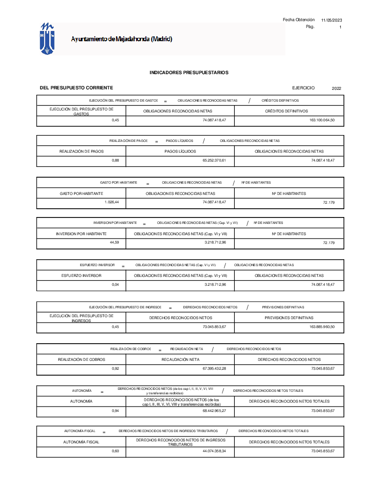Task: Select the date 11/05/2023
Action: tap(332, 20)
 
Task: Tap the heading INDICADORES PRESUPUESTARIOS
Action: tap(189, 73)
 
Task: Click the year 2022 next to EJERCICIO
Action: tap(336, 88)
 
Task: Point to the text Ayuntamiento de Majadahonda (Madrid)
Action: tap(121, 39)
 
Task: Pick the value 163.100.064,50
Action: tap(322, 120)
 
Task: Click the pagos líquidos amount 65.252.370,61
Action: tap(214, 161)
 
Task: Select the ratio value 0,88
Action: tap(115, 161)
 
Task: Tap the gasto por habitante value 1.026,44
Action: tap(112, 202)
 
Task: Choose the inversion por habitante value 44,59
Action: tap(114, 243)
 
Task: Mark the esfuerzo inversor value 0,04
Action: tap(115, 285)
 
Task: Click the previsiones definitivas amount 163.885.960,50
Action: tap(322, 327)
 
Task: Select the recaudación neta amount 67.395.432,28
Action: tap(214, 368)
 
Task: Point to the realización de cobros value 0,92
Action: tap(115, 368)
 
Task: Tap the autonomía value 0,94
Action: tap(115, 410)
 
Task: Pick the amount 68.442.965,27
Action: tap(214, 410)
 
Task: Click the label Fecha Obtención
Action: tap(299, 20)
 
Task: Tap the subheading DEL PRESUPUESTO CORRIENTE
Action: tap(76, 87)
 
